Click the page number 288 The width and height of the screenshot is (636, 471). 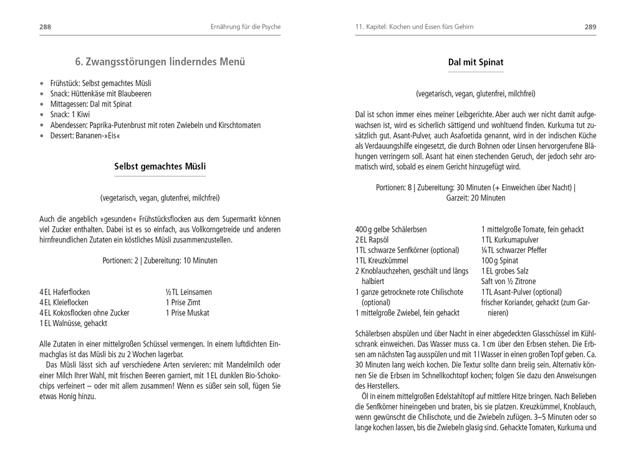point(45,27)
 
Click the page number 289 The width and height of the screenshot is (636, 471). point(590,27)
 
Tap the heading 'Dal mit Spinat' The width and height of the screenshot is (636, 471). point(475,62)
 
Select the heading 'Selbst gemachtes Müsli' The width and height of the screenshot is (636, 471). point(160,166)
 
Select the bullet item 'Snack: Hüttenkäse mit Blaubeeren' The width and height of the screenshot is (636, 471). point(100,93)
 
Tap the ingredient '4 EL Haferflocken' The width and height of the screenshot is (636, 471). point(65,292)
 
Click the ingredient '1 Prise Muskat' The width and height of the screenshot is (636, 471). point(187,313)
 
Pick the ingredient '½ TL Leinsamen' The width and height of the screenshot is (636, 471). point(188,292)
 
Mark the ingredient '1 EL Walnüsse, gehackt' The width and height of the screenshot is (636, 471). point(73,323)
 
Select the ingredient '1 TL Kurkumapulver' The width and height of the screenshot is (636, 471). point(509,240)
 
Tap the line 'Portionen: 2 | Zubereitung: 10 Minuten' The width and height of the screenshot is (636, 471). point(160,260)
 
